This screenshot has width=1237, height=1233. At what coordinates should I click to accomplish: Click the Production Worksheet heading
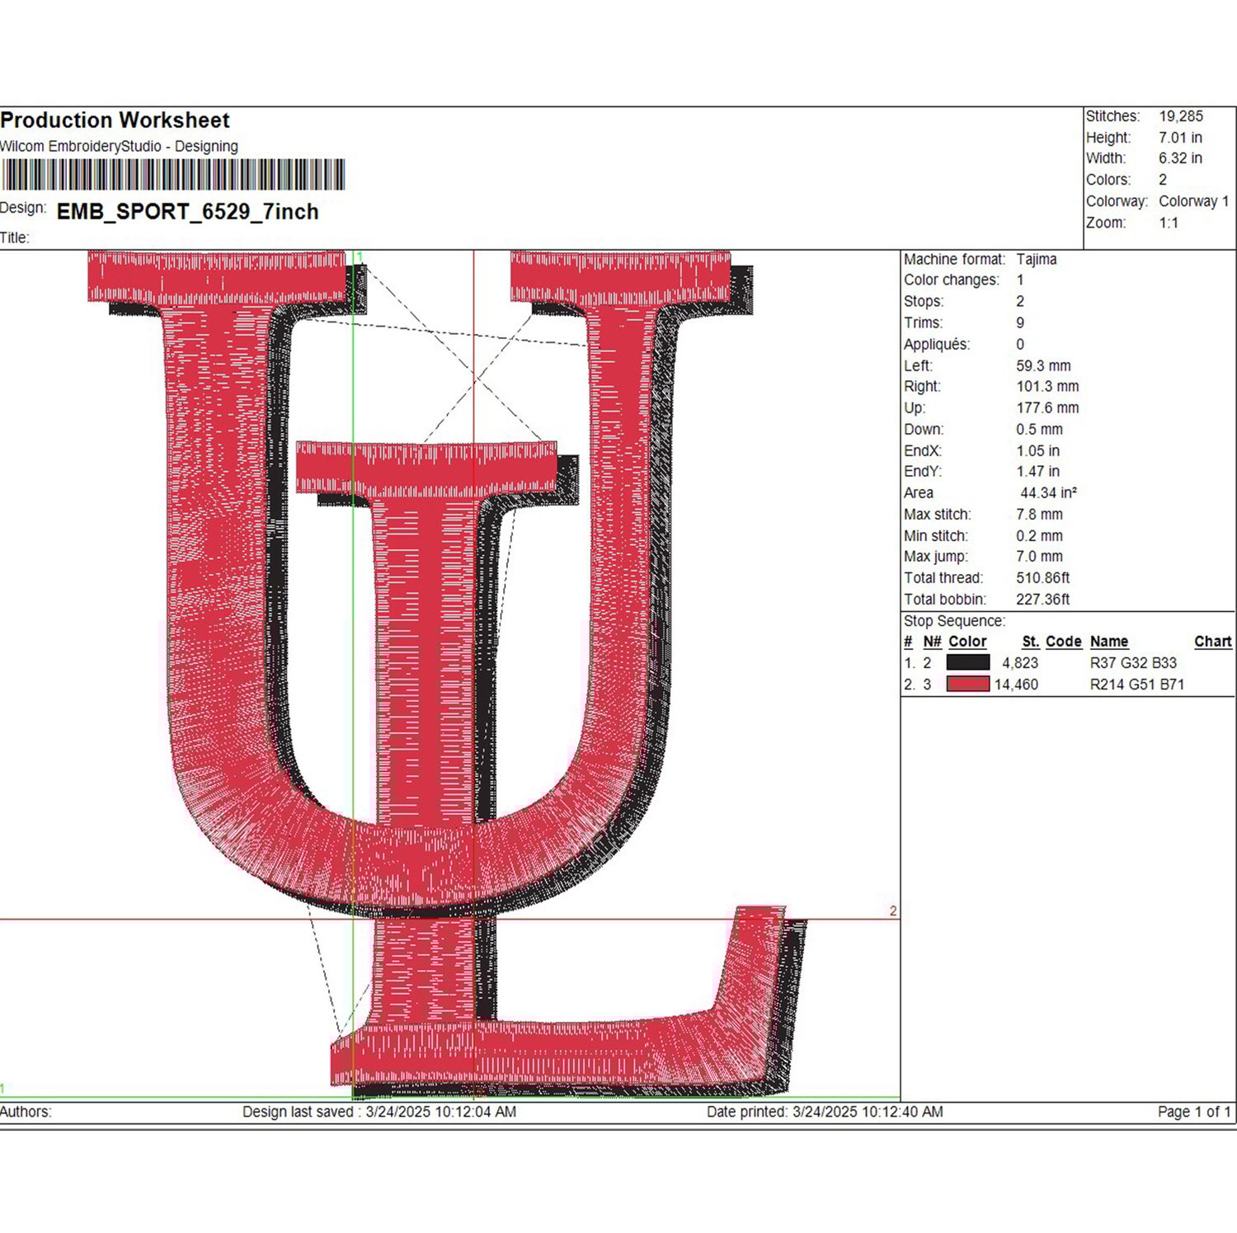coord(115,120)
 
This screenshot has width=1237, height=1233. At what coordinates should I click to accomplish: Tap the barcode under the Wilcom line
coord(172,175)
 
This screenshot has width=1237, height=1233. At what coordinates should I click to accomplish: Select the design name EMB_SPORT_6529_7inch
coord(187,212)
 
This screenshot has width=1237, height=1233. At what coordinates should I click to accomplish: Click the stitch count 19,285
coord(1181,116)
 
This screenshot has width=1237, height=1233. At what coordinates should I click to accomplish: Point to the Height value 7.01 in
coord(1180,138)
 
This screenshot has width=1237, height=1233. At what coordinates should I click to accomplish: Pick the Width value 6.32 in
coord(1180,158)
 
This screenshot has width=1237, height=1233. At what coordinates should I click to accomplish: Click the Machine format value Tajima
coord(1036,259)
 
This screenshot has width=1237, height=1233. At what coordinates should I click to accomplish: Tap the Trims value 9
coord(1020,323)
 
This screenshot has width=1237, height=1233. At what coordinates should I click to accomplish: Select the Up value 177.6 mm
coord(1047,408)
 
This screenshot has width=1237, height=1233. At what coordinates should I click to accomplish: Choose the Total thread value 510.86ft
coord(1042,578)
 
